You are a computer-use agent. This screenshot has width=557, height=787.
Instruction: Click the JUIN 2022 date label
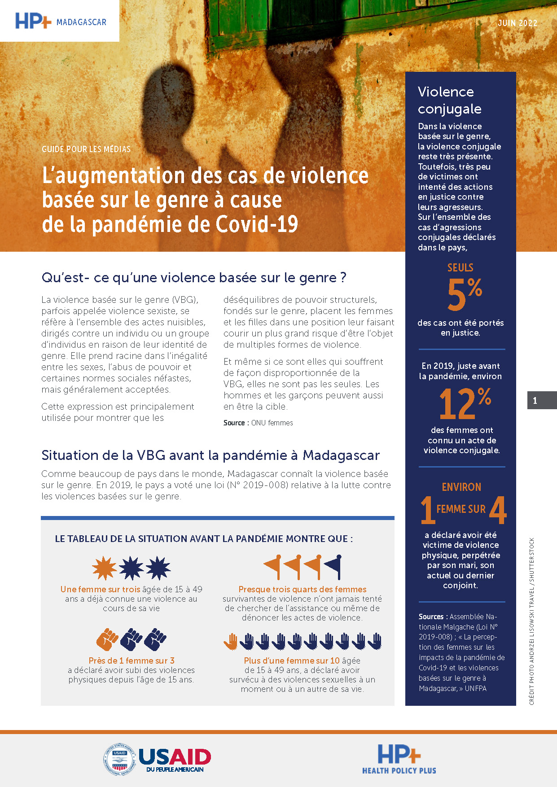pos(517,23)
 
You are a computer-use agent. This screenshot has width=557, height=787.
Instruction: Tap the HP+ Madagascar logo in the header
pos(61,21)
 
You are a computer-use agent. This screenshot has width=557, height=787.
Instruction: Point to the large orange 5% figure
pos(464,294)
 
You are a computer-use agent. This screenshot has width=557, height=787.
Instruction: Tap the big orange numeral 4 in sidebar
pos(498,510)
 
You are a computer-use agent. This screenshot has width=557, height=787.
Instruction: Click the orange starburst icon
pos(104,568)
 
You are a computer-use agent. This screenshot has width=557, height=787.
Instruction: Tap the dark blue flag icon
pos(333,566)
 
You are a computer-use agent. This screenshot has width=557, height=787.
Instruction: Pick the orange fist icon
pos(107,639)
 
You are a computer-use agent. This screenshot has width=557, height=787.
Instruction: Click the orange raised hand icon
pos(231,642)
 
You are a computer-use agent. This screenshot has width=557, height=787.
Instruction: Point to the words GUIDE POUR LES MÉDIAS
pos(86,149)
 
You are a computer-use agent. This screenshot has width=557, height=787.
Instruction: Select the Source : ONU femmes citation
pos(258,423)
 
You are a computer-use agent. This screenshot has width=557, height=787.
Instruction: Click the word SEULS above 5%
pos(460,267)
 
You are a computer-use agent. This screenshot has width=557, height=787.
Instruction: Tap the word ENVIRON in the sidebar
pos(461,487)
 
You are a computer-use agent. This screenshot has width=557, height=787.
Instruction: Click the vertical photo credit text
pos(532,621)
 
